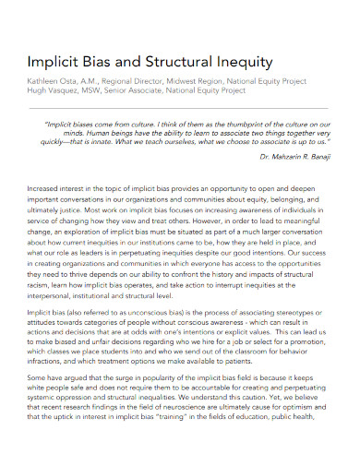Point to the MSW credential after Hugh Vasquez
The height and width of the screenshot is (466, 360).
click(95, 91)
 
